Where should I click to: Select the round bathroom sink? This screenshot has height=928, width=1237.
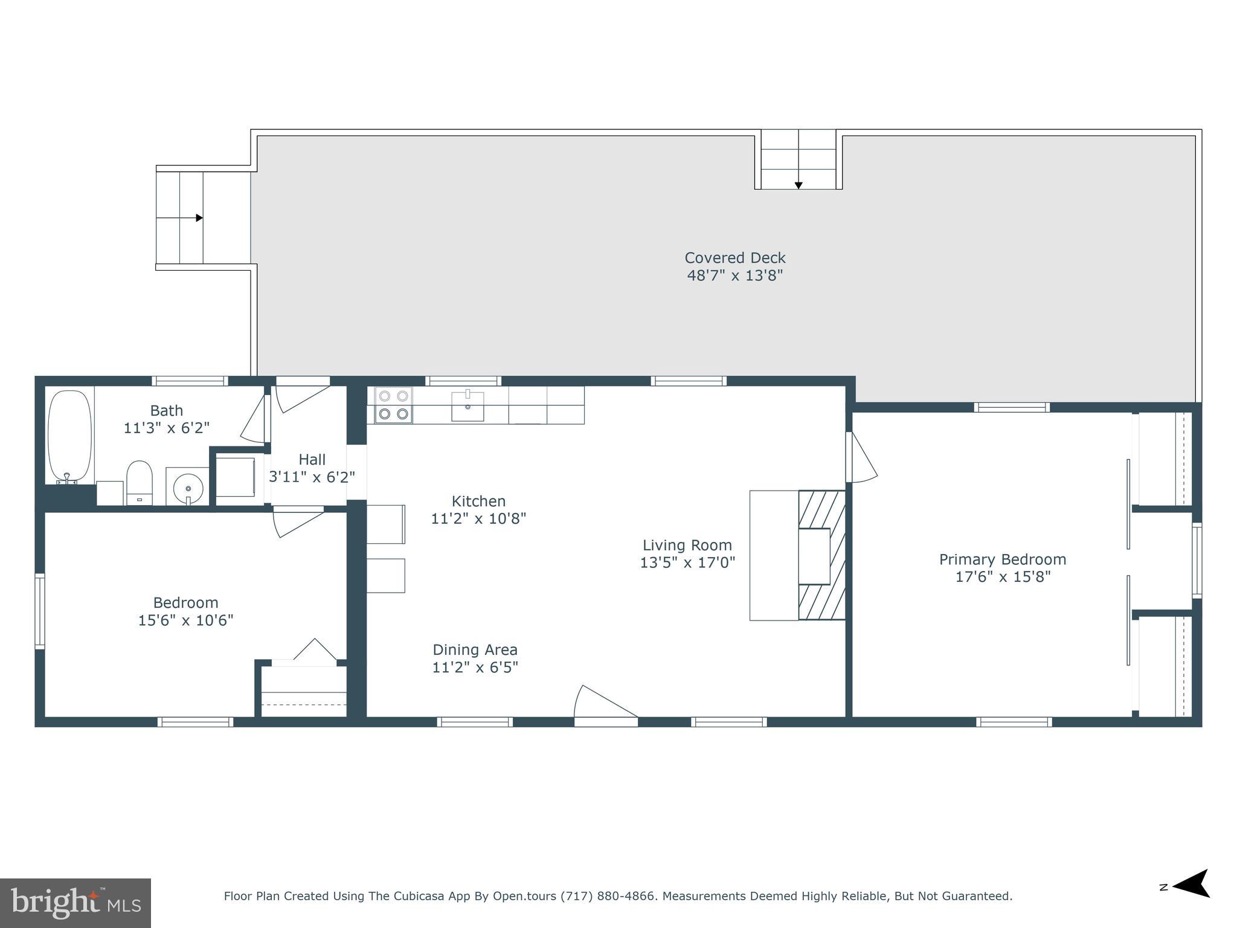pos(188,486)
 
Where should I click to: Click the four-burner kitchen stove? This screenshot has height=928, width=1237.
pos(393,405)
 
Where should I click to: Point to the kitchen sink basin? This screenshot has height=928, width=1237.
pos(467,406)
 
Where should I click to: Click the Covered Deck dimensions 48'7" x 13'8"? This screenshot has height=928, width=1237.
pos(734,275)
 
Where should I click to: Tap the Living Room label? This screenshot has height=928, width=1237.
pos(687,545)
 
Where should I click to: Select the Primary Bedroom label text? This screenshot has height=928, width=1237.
pos(1002,559)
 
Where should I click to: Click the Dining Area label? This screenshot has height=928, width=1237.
pos(475,650)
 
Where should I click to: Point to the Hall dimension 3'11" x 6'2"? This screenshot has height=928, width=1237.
pos(312,477)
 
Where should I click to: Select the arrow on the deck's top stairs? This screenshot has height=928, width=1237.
pos(798,185)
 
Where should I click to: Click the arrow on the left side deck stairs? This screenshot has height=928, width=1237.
pos(199,218)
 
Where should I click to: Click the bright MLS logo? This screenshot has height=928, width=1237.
pos(76,903)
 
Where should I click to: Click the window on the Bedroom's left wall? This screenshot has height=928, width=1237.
pos(40,611)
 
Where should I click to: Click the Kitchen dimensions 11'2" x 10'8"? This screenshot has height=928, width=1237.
pos(478,518)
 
